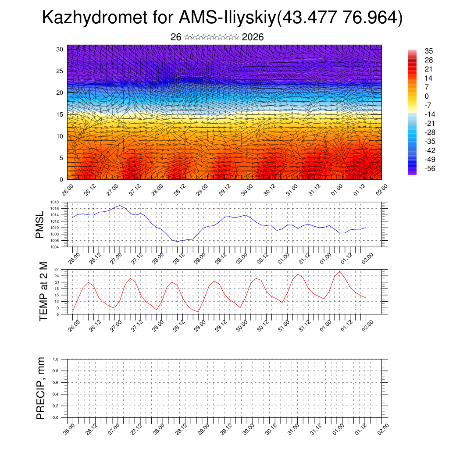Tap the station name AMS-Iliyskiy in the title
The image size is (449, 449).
(228, 18)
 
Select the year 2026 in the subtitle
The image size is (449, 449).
(253, 37)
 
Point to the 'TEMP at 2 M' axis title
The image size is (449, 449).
(43, 292)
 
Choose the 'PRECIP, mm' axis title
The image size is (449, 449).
(41, 388)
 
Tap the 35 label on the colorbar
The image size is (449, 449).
(428, 51)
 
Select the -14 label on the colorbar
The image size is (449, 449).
(430, 114)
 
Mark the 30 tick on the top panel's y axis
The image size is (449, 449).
(60, 49)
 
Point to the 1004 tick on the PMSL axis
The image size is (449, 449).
(55, 247)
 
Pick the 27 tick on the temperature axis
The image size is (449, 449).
(57, 269)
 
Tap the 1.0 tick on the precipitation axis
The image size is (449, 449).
(55, 359)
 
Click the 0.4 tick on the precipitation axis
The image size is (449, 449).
(55, 394)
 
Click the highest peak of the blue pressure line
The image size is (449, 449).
(120, 205)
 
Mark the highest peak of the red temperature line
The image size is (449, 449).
(340, 271)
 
